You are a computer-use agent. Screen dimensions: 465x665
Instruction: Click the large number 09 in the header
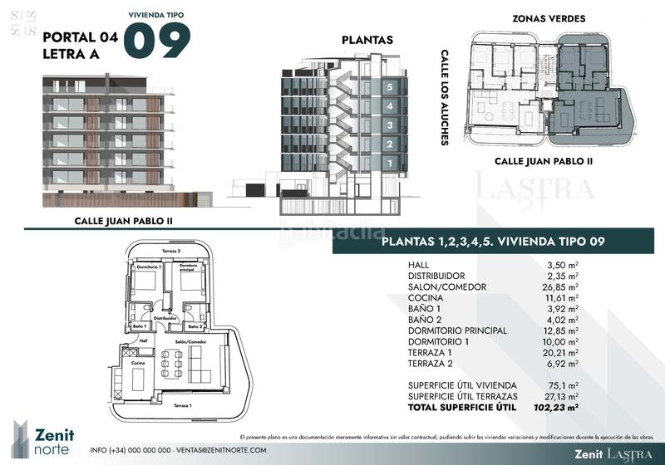(157, 40)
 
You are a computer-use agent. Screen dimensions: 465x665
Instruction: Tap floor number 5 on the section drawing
(389, 86)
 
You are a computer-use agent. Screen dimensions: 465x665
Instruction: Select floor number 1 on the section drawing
(389, 164)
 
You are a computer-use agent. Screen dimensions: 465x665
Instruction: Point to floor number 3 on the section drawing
(389, 125)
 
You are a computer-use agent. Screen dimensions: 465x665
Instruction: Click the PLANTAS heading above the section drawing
(367, 40)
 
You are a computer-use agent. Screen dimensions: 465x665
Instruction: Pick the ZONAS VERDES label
(549, 18)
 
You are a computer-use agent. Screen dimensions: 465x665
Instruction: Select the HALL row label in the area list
(420, 265)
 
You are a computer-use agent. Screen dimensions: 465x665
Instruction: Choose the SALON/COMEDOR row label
(447, 287)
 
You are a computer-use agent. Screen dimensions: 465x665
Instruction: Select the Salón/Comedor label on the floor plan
(190, 342)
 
